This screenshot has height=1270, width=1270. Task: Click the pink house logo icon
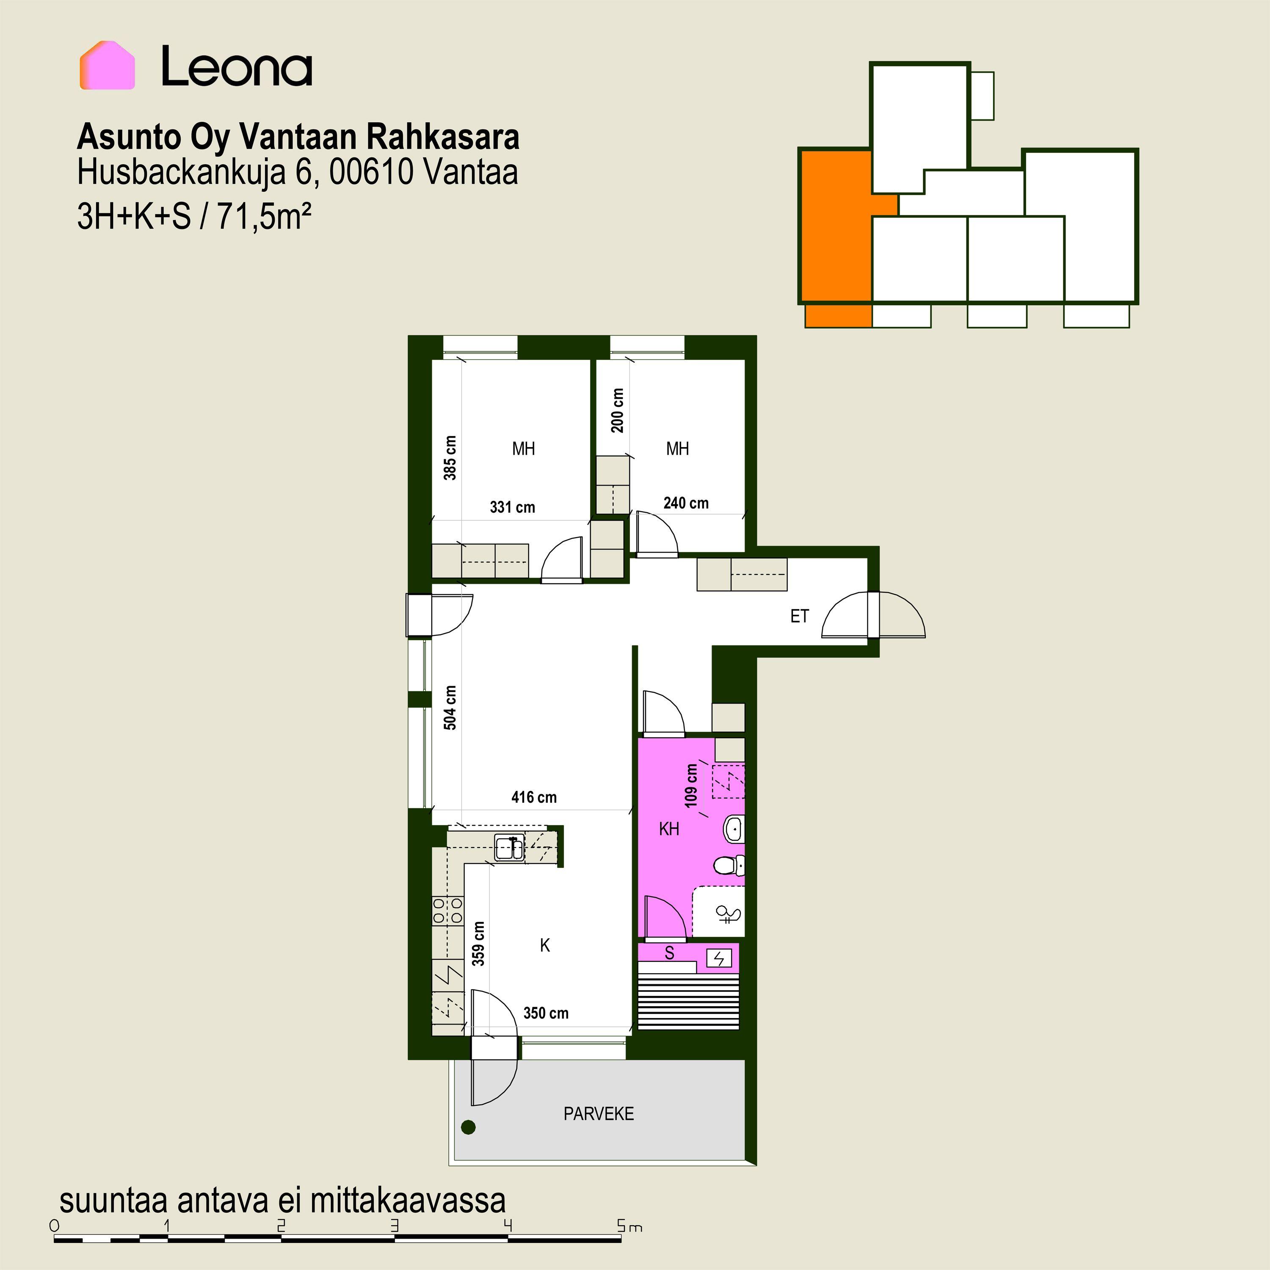click(107, 65)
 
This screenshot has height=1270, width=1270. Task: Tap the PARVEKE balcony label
click(598, 1113)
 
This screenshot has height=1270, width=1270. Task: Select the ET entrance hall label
click(799, 616)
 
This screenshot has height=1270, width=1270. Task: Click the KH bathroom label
click(669, 829)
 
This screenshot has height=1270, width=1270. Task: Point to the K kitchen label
click(545, 945)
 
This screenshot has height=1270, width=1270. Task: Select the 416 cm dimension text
click(534, 798)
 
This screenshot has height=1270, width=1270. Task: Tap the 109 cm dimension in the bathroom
click(691, 786)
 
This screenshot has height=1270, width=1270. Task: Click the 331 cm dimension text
click(512, 507)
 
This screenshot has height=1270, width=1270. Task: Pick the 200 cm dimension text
click(617, 410)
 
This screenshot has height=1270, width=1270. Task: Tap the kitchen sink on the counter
click(509, 848)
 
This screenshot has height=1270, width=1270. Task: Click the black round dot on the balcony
click(468, 1127)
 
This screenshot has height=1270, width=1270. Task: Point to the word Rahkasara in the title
click(442, 137)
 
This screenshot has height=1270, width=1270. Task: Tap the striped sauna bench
click(689, 1001)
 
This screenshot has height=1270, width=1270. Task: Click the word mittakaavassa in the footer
click(408, 1200)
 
